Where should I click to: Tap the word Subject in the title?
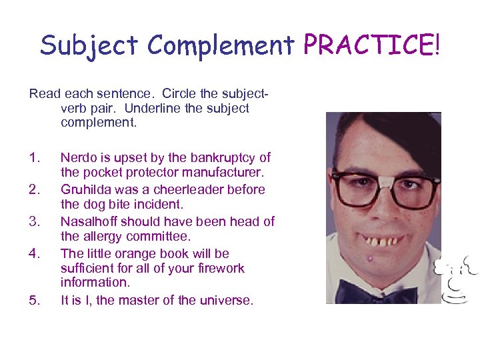90,45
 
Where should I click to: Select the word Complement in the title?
221,45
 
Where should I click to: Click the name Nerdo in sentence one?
77,158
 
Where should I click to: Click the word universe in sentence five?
226,301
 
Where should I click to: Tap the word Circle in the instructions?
171,93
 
